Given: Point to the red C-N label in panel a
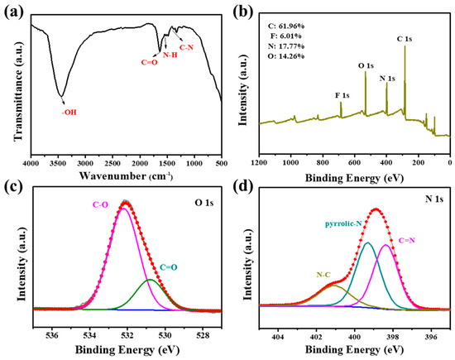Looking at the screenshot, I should click(187, 49).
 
